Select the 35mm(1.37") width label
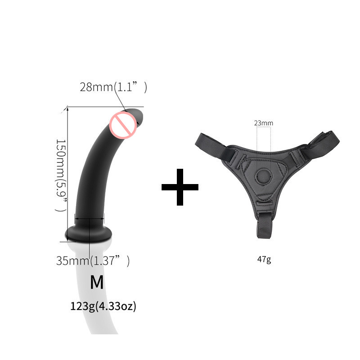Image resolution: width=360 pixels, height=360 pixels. click(x=93, y=261)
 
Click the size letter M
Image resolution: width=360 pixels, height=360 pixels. click(x=97, y=282)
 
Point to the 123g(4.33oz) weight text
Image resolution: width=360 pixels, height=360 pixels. click(x=103, y=307)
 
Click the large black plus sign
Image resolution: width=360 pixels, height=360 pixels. click(x=180, y=186)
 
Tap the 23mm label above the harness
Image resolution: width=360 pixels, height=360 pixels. click(x=263, y=123)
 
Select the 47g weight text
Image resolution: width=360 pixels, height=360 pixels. click(x=264, y=260)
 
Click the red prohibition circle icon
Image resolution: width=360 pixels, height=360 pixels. click(x=123, y=125)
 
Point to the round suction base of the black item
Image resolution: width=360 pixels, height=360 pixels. click(x=88, y=234)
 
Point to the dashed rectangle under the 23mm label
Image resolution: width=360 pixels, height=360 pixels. click(x=263, y=139)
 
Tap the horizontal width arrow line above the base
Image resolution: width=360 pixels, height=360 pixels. click(x=90, y=219)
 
